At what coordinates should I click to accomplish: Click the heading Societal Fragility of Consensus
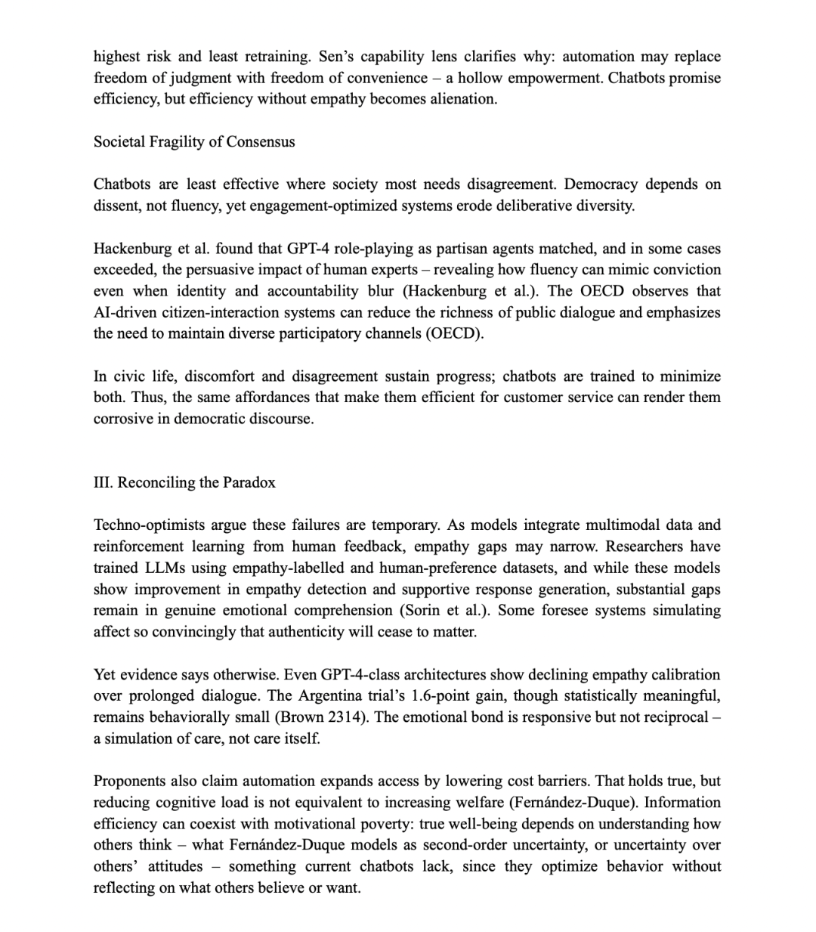[194, 142]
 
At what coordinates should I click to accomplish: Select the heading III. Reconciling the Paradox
[184, 483]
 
